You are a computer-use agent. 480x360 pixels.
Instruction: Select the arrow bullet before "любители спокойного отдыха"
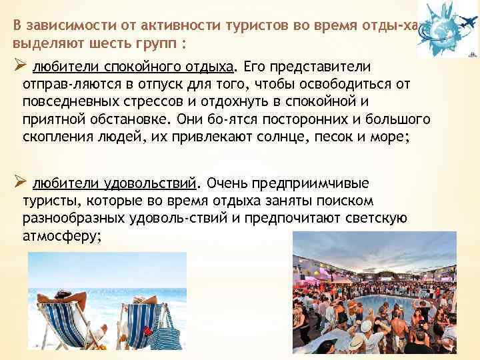pyautogui.click(x=19, y=67)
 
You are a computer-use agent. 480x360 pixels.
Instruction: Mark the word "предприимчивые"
pyautogui.click(x=319, y=183)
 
